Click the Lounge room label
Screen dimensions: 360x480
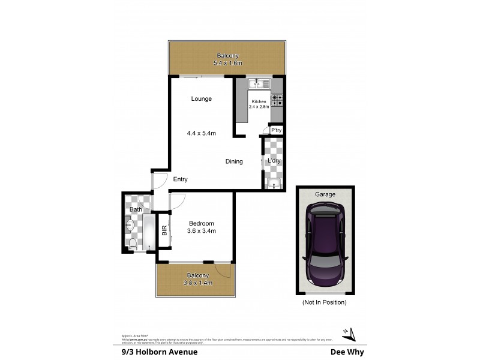[x=201, y=99]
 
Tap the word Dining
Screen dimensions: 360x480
[x=234, y=161]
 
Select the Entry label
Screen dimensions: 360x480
[x=181, y=179]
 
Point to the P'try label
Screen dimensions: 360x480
[x=276, y=130]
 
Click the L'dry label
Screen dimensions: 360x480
[x=274, y=161]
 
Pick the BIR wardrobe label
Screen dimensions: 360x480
[x=164, y=229]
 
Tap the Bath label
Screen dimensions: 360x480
[x=136, y=209]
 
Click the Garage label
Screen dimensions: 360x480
[x=325, y=194]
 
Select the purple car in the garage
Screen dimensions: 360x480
[x=325, y=245]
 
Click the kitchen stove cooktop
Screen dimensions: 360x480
[x=278, y=100]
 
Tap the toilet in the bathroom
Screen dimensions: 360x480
[x=133, y=243]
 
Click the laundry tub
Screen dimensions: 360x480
[x=274, y=184]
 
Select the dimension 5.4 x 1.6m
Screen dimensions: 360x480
[x=227, y=62]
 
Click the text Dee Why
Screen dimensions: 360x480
[x=347, y=352]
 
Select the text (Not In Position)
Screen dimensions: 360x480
[x=325, y=302]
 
